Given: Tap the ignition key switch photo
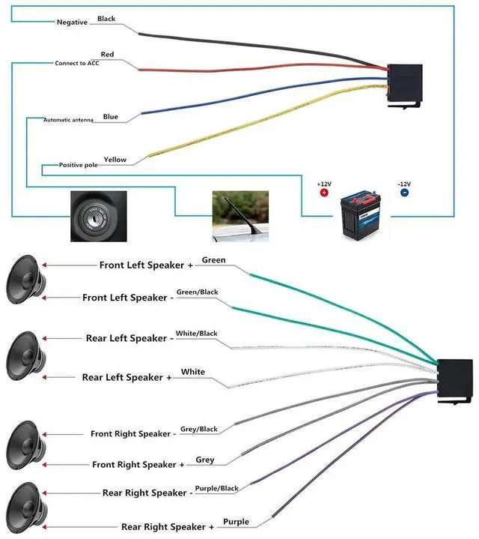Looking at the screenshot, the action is point(99,216).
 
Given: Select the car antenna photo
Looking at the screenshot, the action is point(240,216).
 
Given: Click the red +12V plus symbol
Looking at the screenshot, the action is point(324,193).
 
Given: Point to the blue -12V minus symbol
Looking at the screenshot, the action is point(404,193).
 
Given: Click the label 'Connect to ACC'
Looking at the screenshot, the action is point(77,63).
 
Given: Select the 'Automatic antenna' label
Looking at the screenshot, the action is point(68,120).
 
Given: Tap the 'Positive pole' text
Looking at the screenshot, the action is point(79,165).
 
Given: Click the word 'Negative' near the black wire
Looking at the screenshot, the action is point(72,22).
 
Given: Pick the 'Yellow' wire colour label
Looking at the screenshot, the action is point(115,160).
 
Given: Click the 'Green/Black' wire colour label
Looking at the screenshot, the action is point(198,292).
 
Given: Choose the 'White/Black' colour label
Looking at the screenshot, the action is point(197,334).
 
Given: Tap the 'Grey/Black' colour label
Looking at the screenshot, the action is point(199,429).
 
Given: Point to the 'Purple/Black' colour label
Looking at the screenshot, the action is point(217,489).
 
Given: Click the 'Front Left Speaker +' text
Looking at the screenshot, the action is point(146,265).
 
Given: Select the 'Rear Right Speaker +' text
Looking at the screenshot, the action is point(168,527).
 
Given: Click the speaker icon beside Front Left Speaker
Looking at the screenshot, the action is point(25,279).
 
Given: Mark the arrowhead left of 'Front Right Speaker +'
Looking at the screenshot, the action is point(44,465).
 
